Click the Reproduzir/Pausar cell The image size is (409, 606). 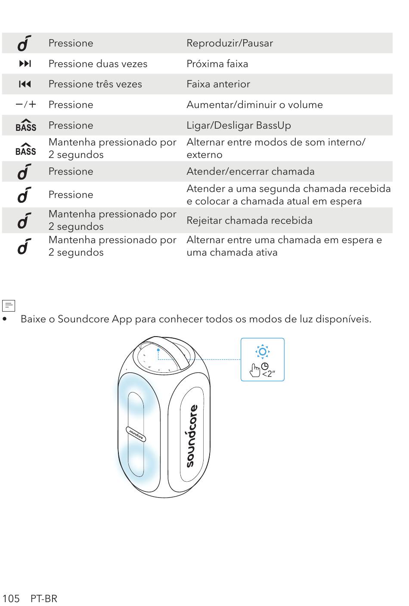pyautogui.click(x=229, y=43)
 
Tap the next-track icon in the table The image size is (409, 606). pyautogui.click(x=25, y=64)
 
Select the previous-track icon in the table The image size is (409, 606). pyautogui.click(x=25, y=84)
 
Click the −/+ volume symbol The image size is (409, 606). pyautogui.click(x=26, y=105)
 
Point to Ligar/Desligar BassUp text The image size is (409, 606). pyautogui.click(x=239, y=126)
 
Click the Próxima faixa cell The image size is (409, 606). pyautogui.click(x=217, y=64)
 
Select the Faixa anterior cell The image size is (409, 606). pyautogui.click(x=218, y=84)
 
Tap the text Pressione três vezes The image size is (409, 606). pyautogui.click(x=95, y=84)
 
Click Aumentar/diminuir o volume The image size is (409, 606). pyautogui.click(x=255, y=105)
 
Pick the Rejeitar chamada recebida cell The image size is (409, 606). pyautogui.click(x=249, y=220)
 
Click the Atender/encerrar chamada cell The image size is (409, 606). pyautogui.click(x=251, y=172)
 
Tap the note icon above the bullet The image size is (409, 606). pyautogui.click(x=8, y=306)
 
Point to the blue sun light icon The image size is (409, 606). pyautogui.click(x=263, y=352)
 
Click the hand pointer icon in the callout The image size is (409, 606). pyautogui.click(x=254, y=371)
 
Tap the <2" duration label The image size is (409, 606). pyautogui.click(x=269, y=374)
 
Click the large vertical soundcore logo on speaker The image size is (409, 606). pyautogui.click(x=192, y=436)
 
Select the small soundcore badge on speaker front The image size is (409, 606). pyautogui.click(x=136, y=434)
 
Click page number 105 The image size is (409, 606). pyautogui.click(x=11, y=599)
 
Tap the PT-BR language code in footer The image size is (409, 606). pyautogui.click(x=44, y=599)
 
